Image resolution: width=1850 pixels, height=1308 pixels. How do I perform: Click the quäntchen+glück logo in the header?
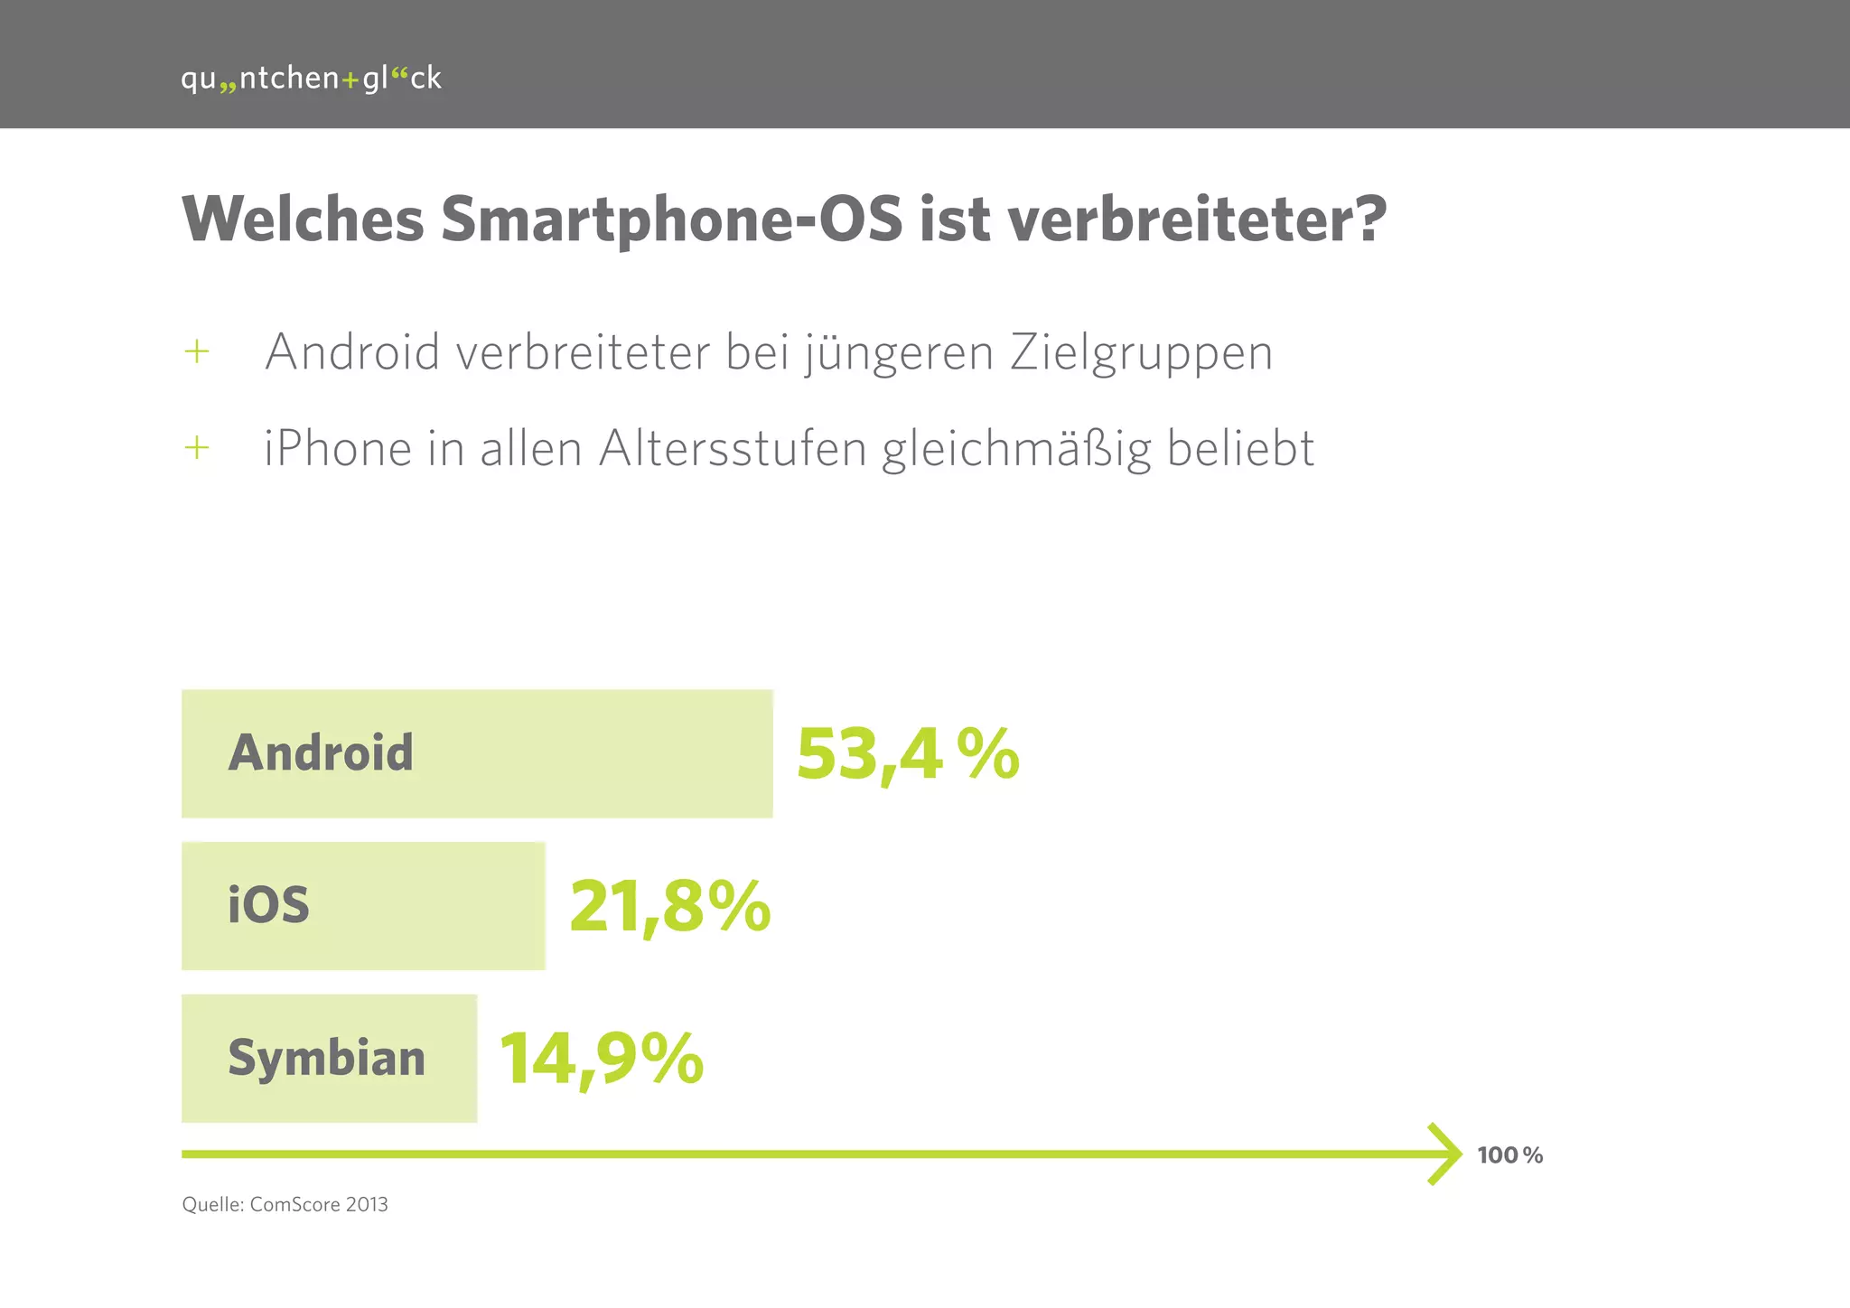[x=311, y=79]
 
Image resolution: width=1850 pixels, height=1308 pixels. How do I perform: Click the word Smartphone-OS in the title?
[x=671, y=219]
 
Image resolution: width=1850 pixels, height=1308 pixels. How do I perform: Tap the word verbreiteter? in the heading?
[x=1197, y=219]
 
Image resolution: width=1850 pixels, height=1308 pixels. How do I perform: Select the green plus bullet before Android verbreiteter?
[x=196, y=351]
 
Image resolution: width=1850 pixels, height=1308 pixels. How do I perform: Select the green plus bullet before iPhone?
[x=196, y=447]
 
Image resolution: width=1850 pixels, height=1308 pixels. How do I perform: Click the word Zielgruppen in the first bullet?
[x=1141, y=352]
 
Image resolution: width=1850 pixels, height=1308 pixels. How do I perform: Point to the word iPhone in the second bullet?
[x=337, y=448]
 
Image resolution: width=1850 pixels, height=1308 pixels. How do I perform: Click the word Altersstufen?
[x=732, y=448]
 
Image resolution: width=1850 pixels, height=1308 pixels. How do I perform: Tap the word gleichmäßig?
[x=1016, y=450]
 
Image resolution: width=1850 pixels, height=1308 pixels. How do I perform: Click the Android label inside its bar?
[x=321, y=753]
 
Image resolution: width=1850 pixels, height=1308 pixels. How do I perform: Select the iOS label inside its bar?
[x=268, y=905]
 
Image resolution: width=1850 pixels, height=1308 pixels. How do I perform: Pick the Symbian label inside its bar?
[x=326, y=1058]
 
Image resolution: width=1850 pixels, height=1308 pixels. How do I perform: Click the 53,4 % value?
[x=907, y=754]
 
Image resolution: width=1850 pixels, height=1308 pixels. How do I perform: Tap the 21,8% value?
[x=669, y=907]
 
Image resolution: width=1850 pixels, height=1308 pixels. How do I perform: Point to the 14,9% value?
[x=601, y=1059]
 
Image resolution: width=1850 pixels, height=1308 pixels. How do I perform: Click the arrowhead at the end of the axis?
[x=1447, y=1154]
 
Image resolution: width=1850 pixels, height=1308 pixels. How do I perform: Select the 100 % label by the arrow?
[x=1509, y=1155]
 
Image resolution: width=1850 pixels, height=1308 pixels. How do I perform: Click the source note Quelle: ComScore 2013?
[x=285, y=1204]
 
